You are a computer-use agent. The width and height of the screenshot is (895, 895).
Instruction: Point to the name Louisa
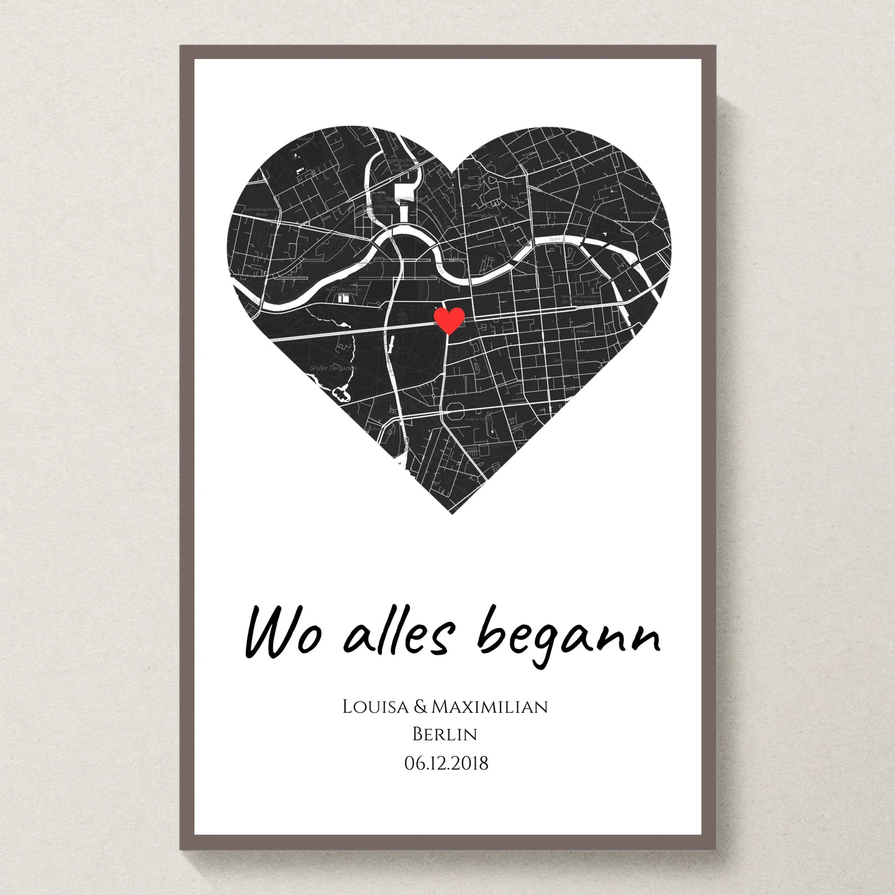(375, 707)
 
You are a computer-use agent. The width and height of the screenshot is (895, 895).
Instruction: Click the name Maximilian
(489, 707)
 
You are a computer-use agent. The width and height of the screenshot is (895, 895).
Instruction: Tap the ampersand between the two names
(420, 707)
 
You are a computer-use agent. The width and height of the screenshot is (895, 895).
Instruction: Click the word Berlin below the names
(445, 735)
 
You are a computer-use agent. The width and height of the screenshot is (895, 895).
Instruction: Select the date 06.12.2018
(446, 763)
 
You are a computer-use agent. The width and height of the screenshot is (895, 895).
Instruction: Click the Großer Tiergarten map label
(333, 369)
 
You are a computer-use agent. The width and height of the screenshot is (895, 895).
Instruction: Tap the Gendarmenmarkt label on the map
(569, 360)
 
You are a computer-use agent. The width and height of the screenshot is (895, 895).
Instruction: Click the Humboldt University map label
(580, 299)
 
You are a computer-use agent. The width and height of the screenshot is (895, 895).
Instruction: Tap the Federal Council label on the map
(478, 419)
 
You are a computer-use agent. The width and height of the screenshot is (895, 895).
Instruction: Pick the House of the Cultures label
(343, 289)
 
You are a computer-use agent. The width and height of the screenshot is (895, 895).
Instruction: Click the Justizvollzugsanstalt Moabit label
(261, 211)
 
